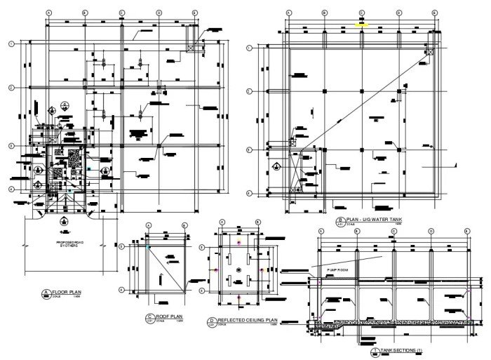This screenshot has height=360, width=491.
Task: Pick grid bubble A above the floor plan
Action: pos(48,13)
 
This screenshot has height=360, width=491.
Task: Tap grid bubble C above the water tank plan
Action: pos(362,12)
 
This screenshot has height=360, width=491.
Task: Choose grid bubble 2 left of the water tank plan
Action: pos(250,91)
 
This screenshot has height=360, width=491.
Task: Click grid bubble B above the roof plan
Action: pos(184,225)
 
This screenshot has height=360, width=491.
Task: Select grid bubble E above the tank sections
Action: pos(467,230)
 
